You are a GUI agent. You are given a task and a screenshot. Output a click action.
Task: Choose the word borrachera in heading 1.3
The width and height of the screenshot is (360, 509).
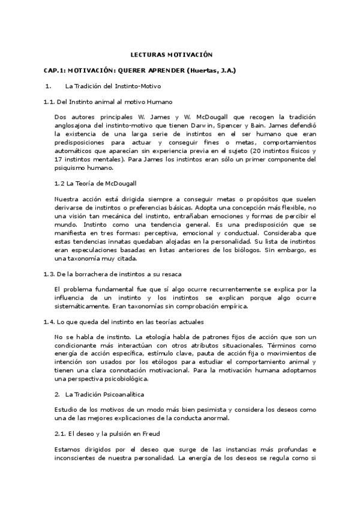coord(90,274)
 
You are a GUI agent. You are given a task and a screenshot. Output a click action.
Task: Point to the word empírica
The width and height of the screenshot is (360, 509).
coord(230,306)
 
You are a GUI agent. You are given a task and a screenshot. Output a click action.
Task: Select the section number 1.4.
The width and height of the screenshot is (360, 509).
coord(49,322)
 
